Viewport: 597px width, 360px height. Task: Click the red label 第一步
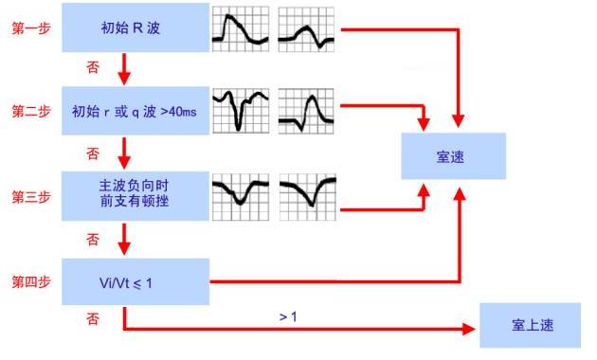click(x=32, y=29)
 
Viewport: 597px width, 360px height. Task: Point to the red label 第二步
click(x=32, y=112)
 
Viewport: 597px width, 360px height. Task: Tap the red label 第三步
click(x=32, y=196)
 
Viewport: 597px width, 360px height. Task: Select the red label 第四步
click(x=32, y=281)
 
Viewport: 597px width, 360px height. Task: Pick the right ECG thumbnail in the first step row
click(x=308, y=29)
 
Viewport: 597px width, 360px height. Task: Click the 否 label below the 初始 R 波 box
click(x=92, y=68)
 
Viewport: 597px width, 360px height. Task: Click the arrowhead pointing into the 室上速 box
click(x=470, y=329)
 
